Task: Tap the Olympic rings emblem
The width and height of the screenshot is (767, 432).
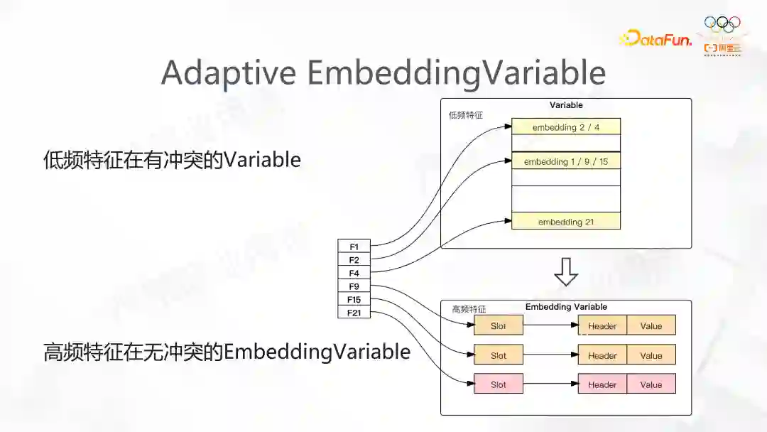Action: pyautogui.click(x=722, y=24)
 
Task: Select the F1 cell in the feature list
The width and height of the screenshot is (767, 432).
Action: pyautogui.click(x=354, y=247)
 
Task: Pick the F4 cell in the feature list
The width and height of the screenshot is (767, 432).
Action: pyautogui.click(x=354, y=274)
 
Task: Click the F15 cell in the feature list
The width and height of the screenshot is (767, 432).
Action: pyautogui.click(x=354, y=300)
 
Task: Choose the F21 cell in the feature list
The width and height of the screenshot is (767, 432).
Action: pyautogui.click(x=354, y=313)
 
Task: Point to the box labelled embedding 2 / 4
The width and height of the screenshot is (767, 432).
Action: pyautogui.click(x=566, y=127)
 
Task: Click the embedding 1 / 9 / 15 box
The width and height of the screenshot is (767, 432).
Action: pyautogui.click(x=566, y=162)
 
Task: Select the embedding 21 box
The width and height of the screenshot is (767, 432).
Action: pyautogui.click(x=566, y=222)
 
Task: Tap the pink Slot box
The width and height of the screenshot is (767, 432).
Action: pyautogui.click(x=499, y=384)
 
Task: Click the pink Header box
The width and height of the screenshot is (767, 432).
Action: pyautogui.click(x=602, y=384)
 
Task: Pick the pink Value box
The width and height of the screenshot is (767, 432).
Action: pyautogui.click(x=651, y=384)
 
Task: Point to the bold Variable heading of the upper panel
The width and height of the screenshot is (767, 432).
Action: pyautogui.click(x=566, y=105)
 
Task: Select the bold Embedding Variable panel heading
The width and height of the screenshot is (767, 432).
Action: pyautogui.click(x=566, y=307)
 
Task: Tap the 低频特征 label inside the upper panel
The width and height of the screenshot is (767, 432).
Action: pyautogui.click(x=465, y=115)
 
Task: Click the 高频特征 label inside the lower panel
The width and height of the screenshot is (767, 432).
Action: pyautogui.click(x=469, y=310)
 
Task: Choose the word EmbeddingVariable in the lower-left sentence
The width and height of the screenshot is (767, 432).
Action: pyautogui.click(x=317, y=352)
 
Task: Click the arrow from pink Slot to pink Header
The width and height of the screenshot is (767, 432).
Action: pyautogui.click(x=550, y=384)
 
